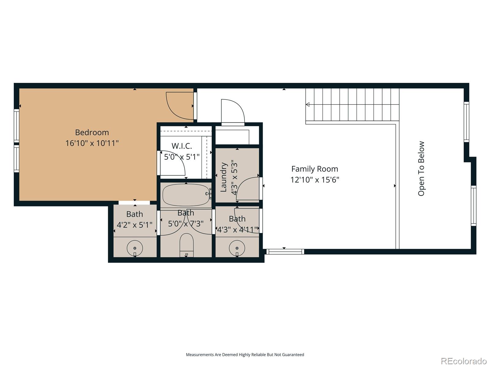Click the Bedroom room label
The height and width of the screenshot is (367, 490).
coord(92,133)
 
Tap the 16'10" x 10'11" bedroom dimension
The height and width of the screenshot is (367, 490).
coord(92,143)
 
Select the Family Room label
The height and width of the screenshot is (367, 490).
coord(315,169)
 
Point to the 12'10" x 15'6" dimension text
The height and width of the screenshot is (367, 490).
coord(315,180)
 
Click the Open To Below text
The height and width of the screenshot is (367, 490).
coord(421,169)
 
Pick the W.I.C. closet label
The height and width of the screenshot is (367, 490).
coord(182,146)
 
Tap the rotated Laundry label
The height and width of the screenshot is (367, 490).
coord(224,177)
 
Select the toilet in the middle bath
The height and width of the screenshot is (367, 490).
coord(187,245)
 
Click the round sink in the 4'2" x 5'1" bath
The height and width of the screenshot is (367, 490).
coord(135,248)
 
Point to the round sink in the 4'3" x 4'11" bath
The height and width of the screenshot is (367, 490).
coord(237,248)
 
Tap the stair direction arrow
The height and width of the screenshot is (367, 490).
coord(307,104)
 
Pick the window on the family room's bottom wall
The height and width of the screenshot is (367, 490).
coord(285,252)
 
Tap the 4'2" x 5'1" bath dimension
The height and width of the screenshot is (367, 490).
coord(135,225)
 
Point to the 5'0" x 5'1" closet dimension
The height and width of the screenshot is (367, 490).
coord(182,157)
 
